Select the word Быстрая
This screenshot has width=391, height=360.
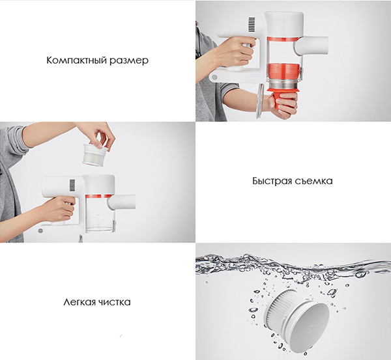(271, 181)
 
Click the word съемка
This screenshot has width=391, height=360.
(313, 181)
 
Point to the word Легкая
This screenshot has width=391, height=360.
(80, 302)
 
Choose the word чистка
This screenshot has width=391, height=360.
(115, 302)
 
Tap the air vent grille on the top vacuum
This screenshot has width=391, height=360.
(252, 25)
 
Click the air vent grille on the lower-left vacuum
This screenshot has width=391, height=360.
(72, 186)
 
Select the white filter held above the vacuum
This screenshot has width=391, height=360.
(95, 154)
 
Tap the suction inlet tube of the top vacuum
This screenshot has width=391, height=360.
(311, 46)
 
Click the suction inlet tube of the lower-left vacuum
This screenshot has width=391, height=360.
(122, 202)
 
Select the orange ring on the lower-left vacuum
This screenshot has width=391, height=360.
(98, 197)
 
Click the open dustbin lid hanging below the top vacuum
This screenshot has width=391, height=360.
(259, 101)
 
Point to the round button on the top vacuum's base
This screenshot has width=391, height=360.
(214, 77)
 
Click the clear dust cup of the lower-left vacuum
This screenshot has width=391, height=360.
(100, 215)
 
